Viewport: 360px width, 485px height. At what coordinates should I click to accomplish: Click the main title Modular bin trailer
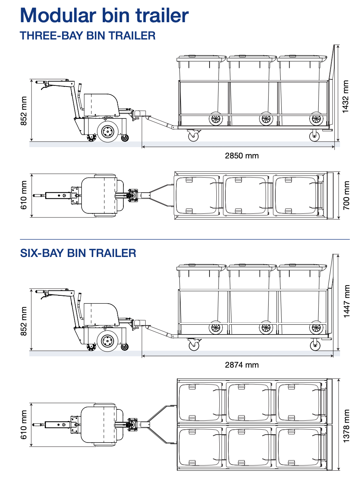[104, 16]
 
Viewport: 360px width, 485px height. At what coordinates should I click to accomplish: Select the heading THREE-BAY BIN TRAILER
[88, 36]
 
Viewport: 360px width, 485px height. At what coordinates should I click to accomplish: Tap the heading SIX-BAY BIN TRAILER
[78, 253]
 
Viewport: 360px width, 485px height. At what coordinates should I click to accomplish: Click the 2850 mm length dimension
[242, 156]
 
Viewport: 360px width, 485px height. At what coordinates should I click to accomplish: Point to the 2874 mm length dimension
[242, 365]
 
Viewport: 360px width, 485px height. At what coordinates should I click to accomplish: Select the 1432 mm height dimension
[345, 97]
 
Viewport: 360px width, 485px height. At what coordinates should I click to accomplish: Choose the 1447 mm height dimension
[346, 301]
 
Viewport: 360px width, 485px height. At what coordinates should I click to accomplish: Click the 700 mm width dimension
[346, 196]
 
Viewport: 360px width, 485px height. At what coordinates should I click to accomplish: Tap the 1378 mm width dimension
[346, 426]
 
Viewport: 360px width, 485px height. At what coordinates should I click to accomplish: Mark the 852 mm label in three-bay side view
[24, 111]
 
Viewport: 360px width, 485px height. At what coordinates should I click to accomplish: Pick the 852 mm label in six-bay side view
[24, 321]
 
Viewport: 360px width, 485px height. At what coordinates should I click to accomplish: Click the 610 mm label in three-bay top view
[24, 195]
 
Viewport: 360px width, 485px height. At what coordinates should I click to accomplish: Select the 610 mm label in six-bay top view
[24, 425]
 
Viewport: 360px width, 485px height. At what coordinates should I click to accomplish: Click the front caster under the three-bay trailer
[193, 136]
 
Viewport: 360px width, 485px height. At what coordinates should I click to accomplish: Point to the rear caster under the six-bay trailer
[315, 345]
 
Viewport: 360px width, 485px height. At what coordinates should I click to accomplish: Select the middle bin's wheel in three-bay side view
[266, 119]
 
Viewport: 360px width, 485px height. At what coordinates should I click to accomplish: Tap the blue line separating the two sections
[184, 239]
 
